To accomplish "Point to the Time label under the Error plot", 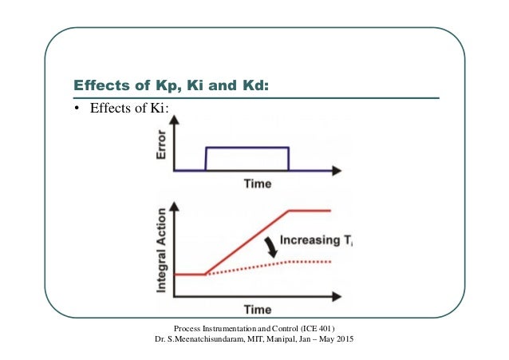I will click(258, 184).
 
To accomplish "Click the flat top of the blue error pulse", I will click(247, 148).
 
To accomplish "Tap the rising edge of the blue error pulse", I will click(206, 158).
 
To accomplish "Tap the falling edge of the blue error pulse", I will click(288, 158).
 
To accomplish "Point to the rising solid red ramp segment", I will click(247, 243).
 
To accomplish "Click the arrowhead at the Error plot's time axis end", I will click(337, 169).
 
